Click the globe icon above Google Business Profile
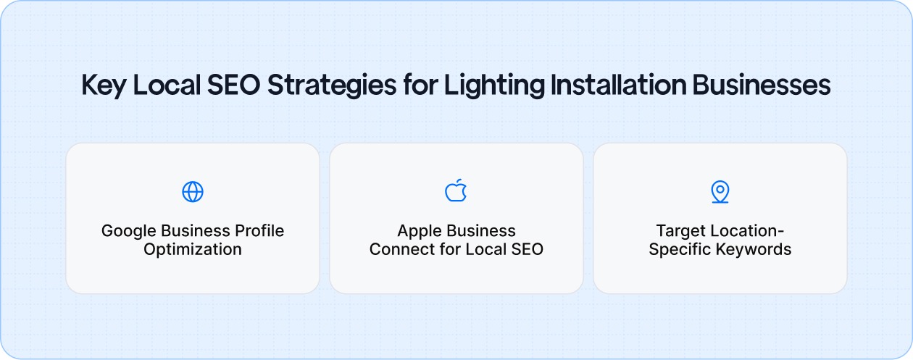coord(193,192)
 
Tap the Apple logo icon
coord(456,191)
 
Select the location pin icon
coord(720,192)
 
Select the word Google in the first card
coord(127,231)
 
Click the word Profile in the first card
coord(259,231)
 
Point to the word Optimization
coord(193,250)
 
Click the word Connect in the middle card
coord(397,250)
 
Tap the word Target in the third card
coord(680,231)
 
